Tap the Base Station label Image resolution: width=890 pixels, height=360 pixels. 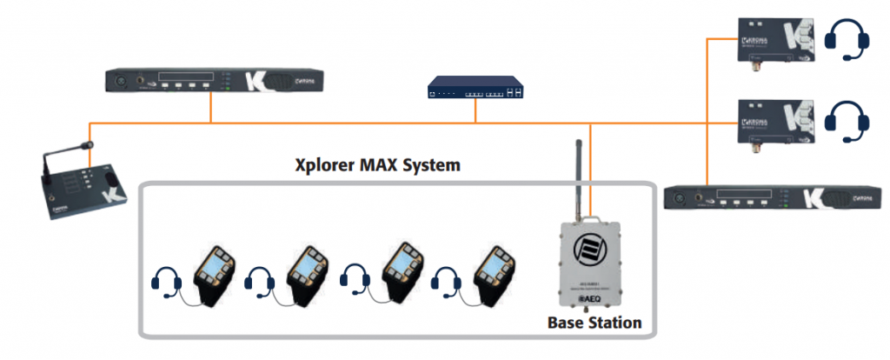594,323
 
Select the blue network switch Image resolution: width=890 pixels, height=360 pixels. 476,88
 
